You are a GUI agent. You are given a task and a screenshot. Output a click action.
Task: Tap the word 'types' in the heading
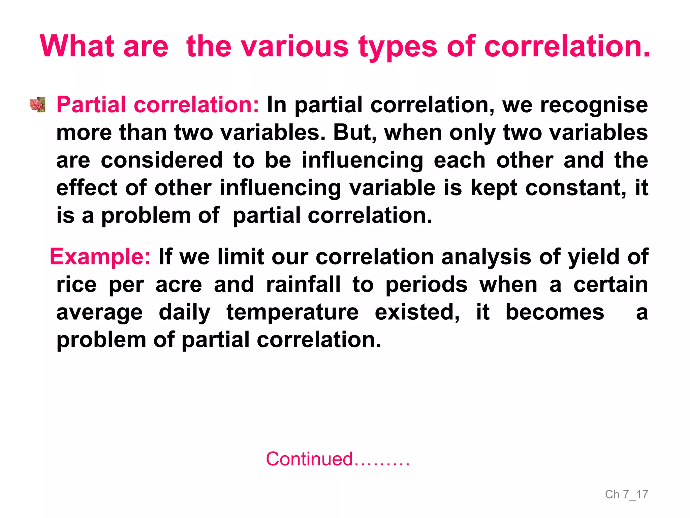(x=398, y=47)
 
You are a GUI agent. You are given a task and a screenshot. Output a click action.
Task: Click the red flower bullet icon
(x=37, y=105)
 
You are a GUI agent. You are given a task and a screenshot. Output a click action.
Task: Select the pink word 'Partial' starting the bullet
(x=91, y=105)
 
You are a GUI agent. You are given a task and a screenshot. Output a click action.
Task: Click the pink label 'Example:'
(x=100, y=257)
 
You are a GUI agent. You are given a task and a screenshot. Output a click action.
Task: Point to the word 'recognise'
(x=594, y=105)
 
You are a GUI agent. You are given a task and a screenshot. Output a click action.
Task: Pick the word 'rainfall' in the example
(x=303, y=285)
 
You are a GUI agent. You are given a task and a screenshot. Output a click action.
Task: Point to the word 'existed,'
(x=417, y=312)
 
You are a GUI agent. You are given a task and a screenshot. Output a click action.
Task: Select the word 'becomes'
(x=555, y=312)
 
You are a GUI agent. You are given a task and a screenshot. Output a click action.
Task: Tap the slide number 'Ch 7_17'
(x=626, y=494)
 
